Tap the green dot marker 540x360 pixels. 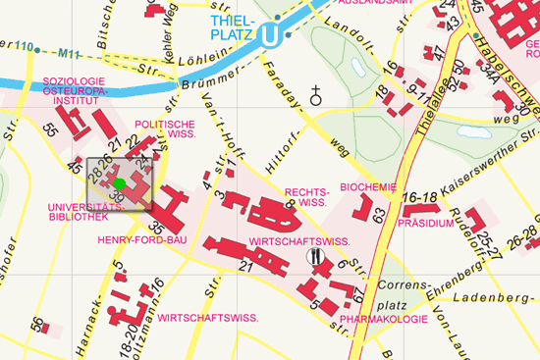coord(119,182)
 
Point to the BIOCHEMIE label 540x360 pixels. coord(367,186)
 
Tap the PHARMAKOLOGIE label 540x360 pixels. coord(384,319)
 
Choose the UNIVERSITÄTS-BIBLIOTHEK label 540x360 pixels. coord(78,212)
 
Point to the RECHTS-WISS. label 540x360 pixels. coord(305,197)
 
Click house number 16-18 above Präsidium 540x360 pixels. coord(418,197)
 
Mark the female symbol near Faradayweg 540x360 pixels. coord(316,96)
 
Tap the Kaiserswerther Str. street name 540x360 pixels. coord(484,153)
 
